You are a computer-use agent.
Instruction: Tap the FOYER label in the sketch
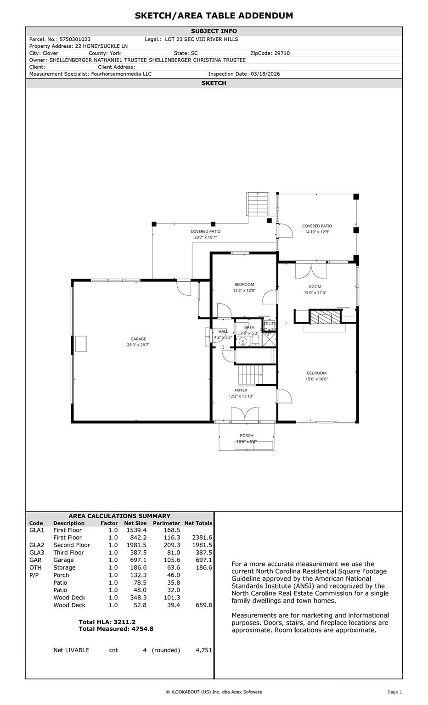[x=241, y=390]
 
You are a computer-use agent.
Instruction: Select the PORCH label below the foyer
[x=246, y=436]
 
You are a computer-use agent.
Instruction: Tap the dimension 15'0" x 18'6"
[x=317, y=379]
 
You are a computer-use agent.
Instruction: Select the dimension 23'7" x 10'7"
[x=205, y=237]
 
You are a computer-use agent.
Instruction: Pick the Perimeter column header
[x=167, y=523]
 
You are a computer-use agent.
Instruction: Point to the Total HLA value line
[x=107, y=622]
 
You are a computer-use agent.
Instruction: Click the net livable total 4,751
[x=203, y=650]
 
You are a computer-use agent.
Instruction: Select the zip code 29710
[x=282, y=53]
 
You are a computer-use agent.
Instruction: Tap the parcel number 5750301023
[x=75, y=39]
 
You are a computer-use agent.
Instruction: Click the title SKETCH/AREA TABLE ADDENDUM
[x=214, y=16]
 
